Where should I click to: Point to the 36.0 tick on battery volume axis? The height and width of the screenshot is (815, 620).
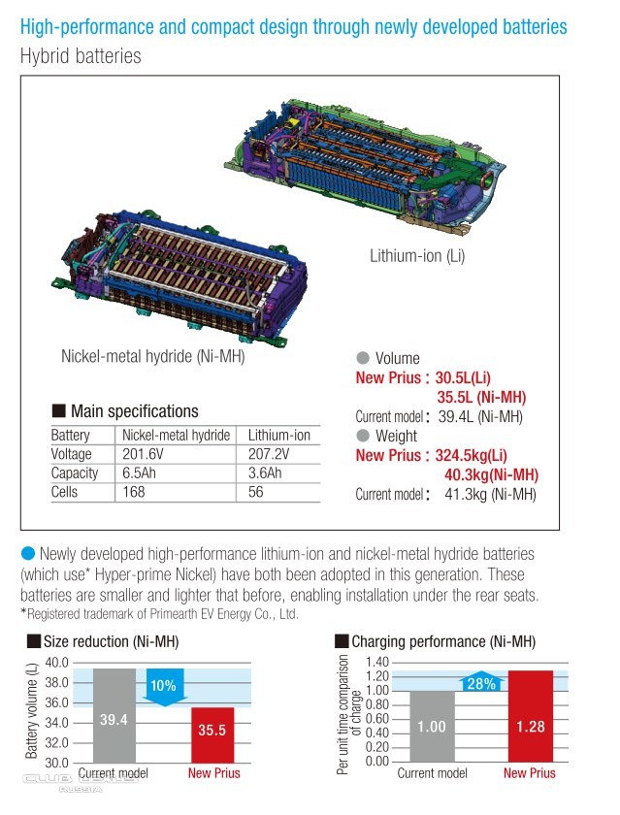57,702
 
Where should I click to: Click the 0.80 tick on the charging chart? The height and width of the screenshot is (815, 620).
375,719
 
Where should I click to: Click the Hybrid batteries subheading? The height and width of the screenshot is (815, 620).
81,55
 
